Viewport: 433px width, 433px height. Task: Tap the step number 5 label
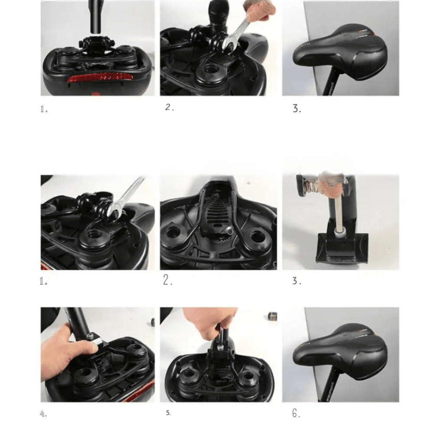tap(168, 413)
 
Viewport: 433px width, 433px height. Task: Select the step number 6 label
tap(296, 414)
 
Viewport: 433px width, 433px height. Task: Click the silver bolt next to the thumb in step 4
tap(90, 336)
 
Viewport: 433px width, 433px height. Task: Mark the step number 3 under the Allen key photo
tap(296, 281)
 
